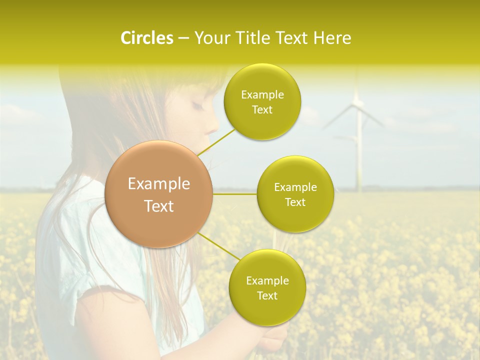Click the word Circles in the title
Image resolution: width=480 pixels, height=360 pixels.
click(147, 38)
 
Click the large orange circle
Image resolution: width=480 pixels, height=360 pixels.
click(159, 194)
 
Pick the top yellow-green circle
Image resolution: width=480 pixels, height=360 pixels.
click(262, 101)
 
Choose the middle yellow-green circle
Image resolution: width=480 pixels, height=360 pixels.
click(295, 194)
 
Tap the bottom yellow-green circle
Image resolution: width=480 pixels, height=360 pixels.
click(267, 287)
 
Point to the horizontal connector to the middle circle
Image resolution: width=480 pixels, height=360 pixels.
click(235, 194)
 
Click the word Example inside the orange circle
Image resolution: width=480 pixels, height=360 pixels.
click(159, 184)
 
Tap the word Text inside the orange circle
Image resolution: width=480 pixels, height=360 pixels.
click(159, 206)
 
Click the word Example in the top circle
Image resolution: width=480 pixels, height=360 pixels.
click(262, 94)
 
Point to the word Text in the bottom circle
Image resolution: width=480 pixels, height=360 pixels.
click(267, 295)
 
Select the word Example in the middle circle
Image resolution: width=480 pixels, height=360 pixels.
click(295, 187)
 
